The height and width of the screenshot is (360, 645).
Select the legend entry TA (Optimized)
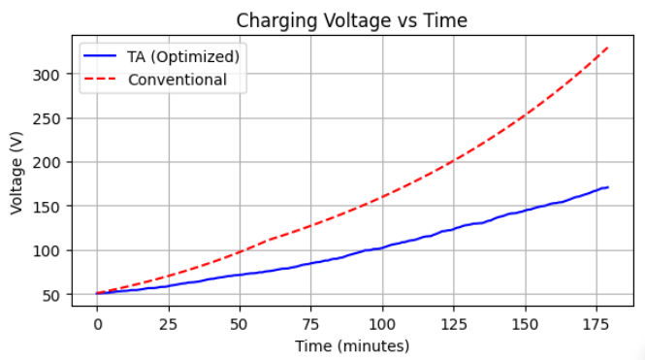pos(183,55)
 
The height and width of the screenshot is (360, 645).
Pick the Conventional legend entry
pos(177,80)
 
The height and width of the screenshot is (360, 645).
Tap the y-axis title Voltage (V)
pos(17,172)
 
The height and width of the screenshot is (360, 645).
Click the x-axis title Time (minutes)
pos(353,345)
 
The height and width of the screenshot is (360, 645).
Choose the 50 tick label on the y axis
pos(53,295)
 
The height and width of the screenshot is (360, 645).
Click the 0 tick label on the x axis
pos(97,322)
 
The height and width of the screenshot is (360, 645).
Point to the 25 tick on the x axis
pos(169,322)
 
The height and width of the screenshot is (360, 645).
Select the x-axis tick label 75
pos(311,322)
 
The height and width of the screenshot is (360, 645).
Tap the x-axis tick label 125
pos(454,322)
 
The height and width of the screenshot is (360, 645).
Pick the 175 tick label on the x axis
pos(597,322)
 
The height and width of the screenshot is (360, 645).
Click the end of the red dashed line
pos(608,47)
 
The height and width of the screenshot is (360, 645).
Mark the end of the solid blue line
pos(608,187)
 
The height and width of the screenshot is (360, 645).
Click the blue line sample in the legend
pos(100,55)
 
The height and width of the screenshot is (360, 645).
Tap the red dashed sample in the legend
pos(100,80)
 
